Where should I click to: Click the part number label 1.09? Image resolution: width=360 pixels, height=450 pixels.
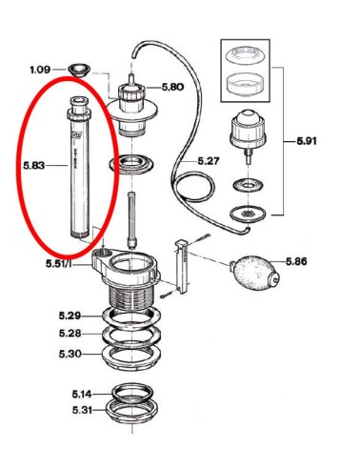click(40, 70)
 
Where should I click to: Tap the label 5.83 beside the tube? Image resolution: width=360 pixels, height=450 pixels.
click(34, 165)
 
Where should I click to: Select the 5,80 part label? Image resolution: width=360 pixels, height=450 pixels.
click(172, 87)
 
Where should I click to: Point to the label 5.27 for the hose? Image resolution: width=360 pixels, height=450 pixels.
click(209, 161)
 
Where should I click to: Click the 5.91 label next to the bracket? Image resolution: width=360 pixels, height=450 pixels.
click(307, 141)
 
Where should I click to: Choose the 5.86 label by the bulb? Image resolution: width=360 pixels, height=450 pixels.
click(296, 261)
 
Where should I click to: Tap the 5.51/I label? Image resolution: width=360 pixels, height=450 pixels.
click(59, 263)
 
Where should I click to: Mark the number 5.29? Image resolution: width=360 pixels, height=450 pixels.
click(70, 316)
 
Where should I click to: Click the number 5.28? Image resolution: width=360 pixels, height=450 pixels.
click(70, 334)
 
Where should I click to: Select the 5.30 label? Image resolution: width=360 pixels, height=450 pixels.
click(70, 354)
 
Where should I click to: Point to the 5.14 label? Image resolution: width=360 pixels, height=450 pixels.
click(82, 394)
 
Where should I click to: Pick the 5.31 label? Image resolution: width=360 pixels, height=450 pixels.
click(82, 410)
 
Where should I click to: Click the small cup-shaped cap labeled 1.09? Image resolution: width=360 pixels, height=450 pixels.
click(79, 70)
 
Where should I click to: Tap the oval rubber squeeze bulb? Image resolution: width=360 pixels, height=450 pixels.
click(255, 272)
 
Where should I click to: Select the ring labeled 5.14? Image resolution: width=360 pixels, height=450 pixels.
click(132, 394)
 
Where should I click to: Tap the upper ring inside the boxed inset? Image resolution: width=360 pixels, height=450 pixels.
click(246, 55)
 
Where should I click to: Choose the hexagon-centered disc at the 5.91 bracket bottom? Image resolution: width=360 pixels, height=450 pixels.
click(248, 214)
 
